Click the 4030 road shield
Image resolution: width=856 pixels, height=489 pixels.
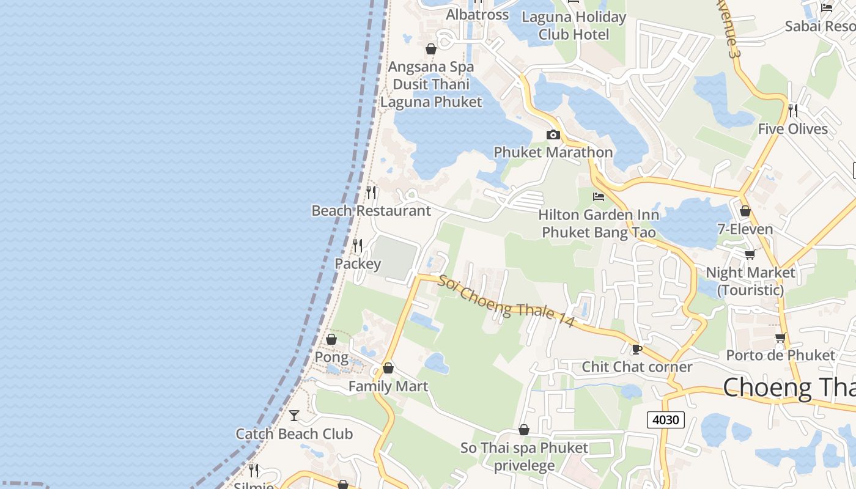coord(665,420)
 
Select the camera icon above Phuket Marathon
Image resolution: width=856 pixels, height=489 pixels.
coord(553,134)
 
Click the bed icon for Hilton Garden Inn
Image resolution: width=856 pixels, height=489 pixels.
coord(599,197)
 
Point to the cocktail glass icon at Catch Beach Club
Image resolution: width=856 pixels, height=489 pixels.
coord(294,416)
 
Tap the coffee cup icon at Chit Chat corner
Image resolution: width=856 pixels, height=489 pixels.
coord(636,349)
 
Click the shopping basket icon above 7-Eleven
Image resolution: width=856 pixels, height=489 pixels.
coord(745,211)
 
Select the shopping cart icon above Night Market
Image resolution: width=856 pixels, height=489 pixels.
coord(750,254)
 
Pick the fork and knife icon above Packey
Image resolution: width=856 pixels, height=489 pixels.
coord(358,246)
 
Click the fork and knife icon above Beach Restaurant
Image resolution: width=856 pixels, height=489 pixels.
coord(371,193)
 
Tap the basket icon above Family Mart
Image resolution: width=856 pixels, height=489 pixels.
coord(388,369)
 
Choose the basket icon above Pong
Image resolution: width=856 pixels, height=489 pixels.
coord(331,339)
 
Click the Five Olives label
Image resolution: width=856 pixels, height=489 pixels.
coord(792,129)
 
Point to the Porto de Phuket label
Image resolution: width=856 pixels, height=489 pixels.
coord(780,355)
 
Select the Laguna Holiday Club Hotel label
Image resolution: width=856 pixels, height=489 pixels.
coord(574,26)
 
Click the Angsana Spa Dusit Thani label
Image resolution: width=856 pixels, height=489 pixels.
coord(431,84)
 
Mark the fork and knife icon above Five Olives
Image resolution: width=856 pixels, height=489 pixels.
coord(793,111)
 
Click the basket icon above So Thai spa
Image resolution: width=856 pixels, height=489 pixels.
coord(524,430)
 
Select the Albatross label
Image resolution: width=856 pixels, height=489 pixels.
coord(478,15)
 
